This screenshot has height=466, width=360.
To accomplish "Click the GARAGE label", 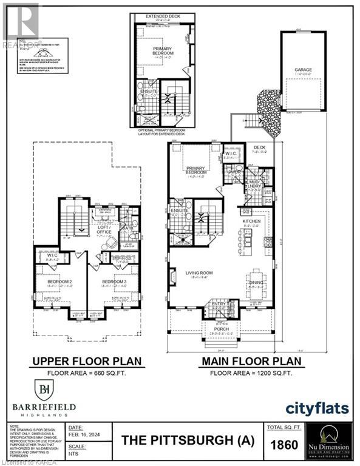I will tap(304, 70).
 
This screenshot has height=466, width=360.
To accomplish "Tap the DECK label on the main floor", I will tap(259, 147).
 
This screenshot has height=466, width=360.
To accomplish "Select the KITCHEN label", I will tap(251, 222).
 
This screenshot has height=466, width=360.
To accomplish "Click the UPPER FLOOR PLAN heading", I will tap(86, 362).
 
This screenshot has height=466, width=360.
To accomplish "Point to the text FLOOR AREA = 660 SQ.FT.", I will tap(86, 373).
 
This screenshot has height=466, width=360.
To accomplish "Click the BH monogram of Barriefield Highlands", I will tap(44, 388).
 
